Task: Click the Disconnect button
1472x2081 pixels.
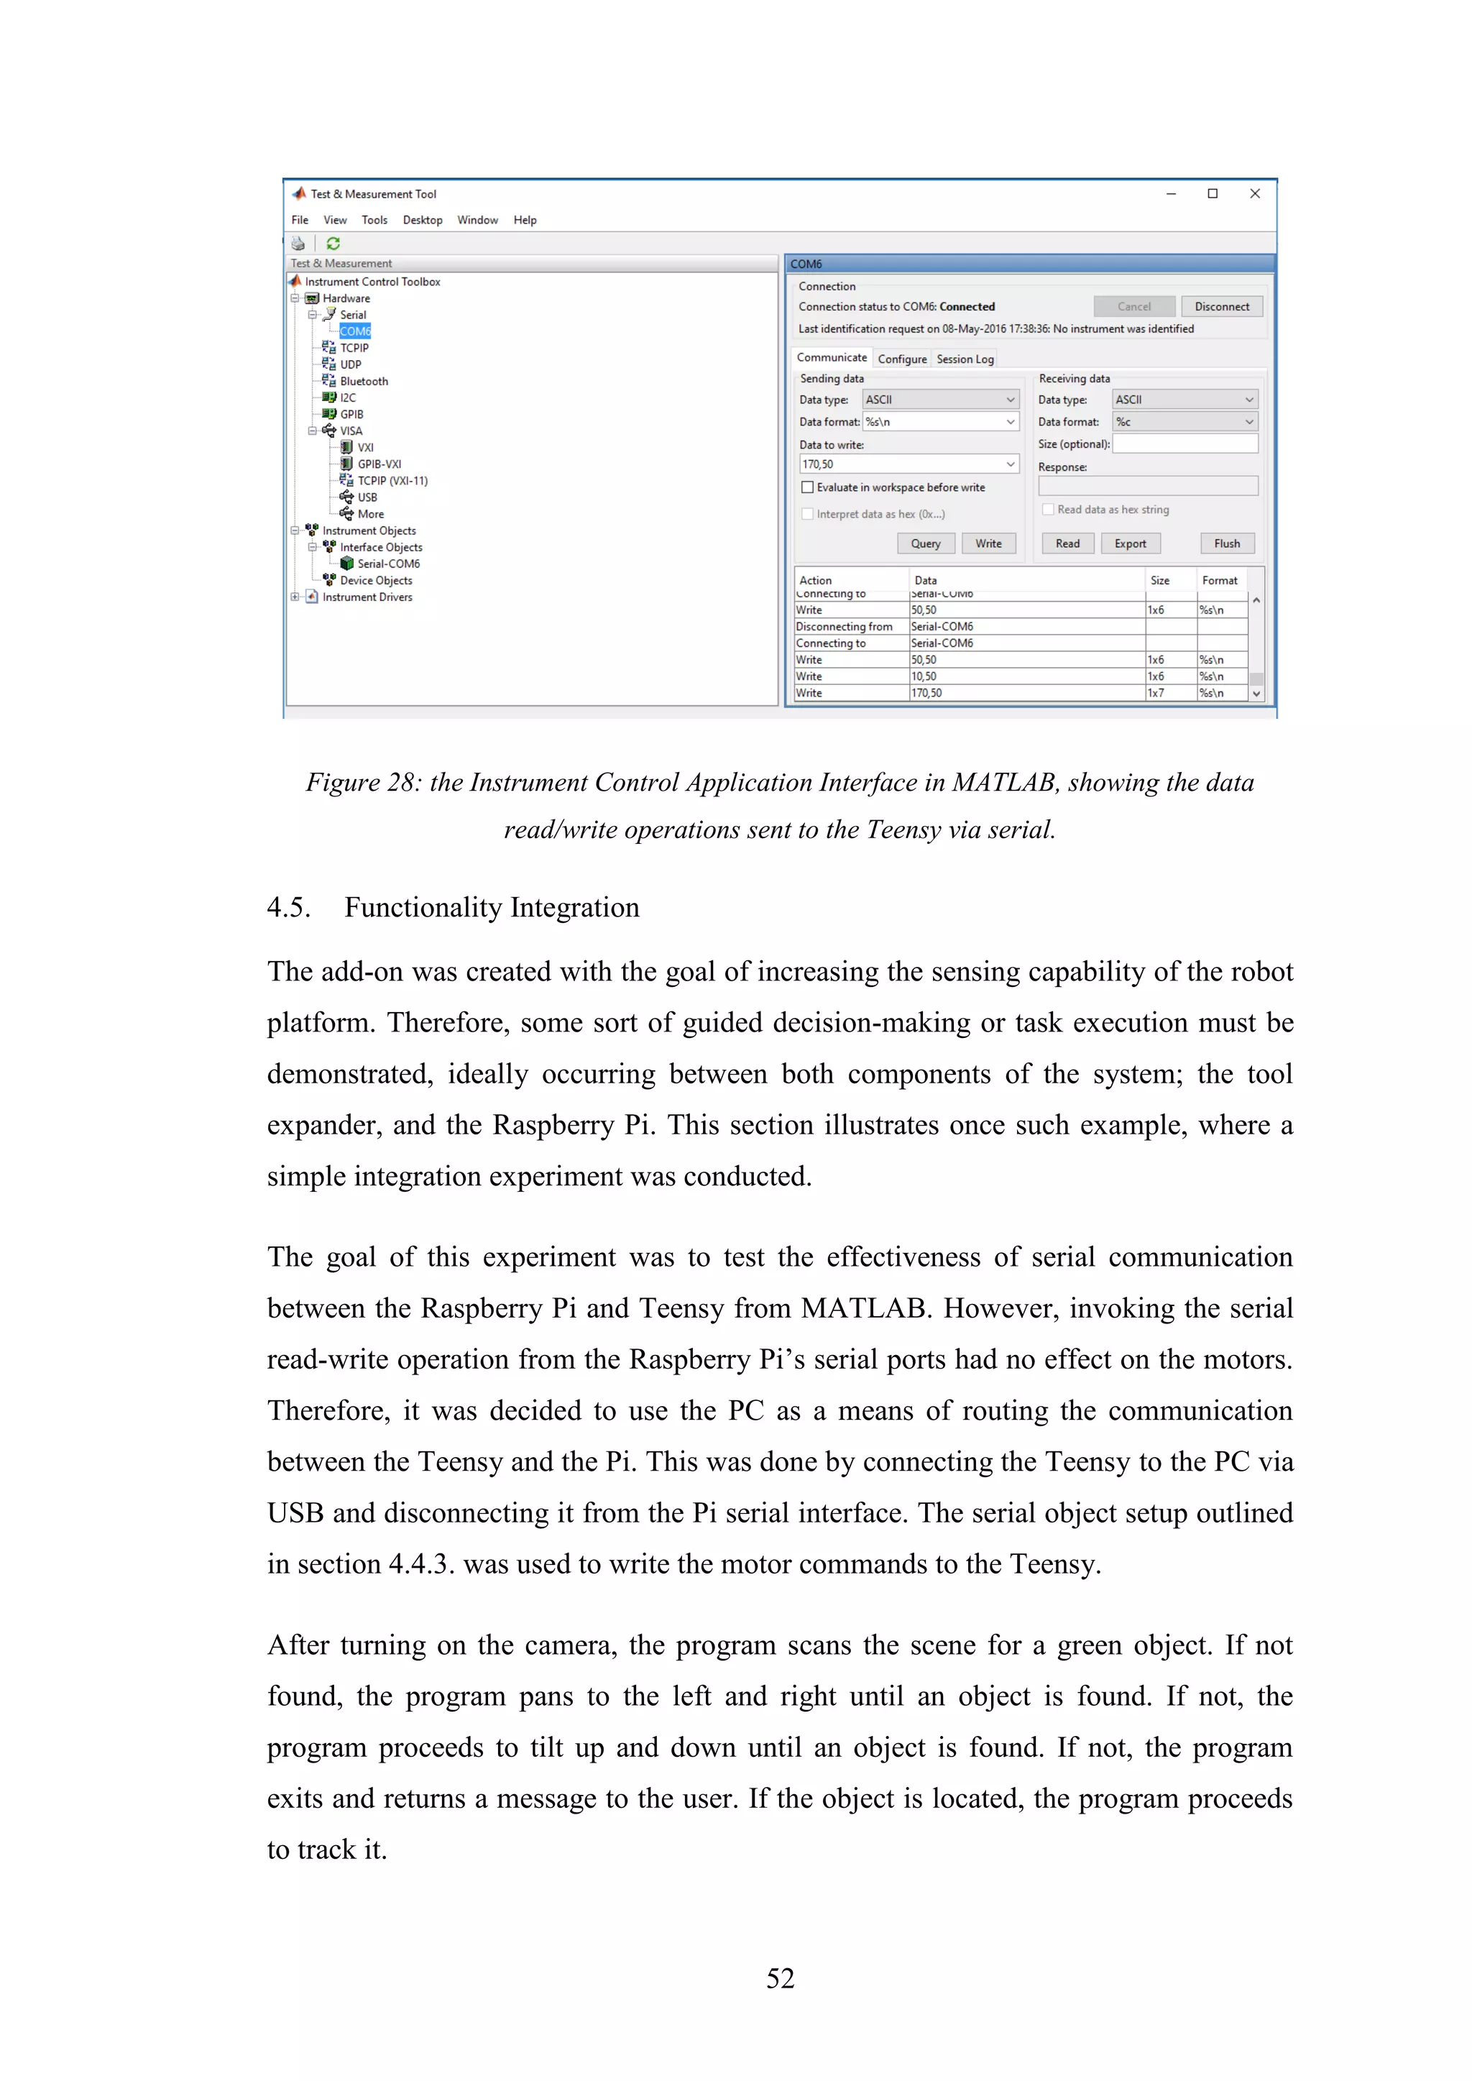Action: (1221, 306)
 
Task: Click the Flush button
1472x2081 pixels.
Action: (1226, 544)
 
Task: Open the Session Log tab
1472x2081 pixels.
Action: (965, 359)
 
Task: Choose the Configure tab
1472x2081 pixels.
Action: (902, 359)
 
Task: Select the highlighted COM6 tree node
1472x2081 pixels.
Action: (354, 331)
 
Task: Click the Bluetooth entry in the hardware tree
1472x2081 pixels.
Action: (364, 382)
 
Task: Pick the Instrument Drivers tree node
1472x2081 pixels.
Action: (367, 597)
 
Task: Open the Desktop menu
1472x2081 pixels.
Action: (423, 220)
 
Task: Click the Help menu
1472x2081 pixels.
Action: (525, 220)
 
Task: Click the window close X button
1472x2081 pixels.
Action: (1254, 194)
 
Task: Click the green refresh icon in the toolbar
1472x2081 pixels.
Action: (333, 244)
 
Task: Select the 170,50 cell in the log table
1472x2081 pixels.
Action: (926, 694)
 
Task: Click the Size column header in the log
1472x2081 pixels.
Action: (1159, 580)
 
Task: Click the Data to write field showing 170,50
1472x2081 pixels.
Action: (901, 465)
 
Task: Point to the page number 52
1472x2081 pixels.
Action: (780, 1977)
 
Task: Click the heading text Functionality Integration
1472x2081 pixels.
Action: (492, 907)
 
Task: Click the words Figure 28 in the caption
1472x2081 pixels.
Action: (362, 783)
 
